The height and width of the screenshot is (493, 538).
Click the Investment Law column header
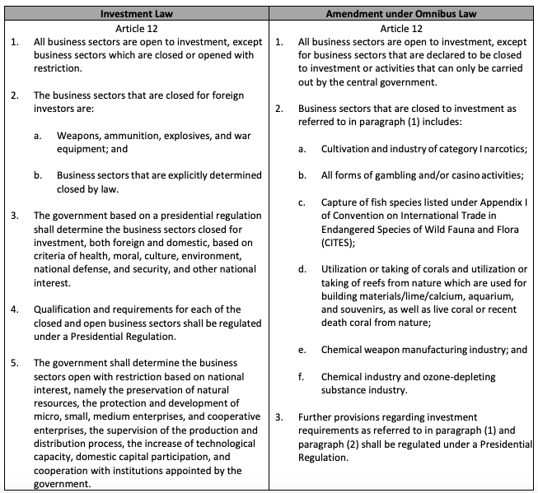[x=135, y=14]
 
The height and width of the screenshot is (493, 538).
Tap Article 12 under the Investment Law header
[x=135, y=26]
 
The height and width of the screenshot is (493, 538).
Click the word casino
[x=459, y=175]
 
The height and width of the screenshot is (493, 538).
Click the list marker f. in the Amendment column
[x=302, y=376]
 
